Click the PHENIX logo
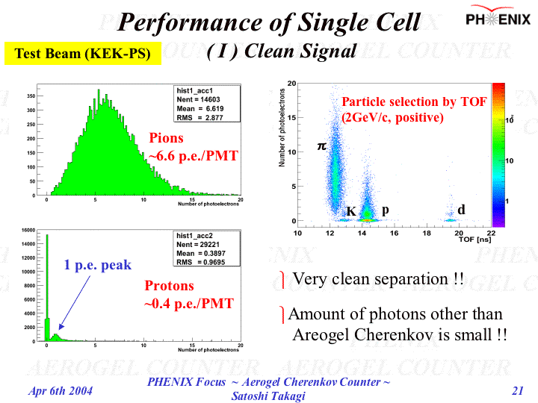498,18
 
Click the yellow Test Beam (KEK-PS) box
83,53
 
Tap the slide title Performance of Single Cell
270,22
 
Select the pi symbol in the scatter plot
322,146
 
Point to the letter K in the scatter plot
350,211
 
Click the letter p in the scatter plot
385,210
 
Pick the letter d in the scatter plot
461,210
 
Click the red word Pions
166,138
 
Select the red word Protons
169,286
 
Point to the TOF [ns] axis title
475,240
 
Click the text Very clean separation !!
378,279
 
